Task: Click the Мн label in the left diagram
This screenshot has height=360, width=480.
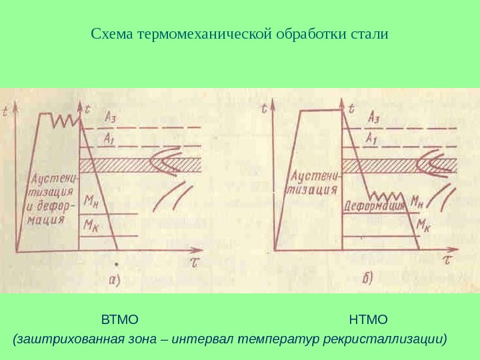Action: pyautogui.click(x=91, y=201)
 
